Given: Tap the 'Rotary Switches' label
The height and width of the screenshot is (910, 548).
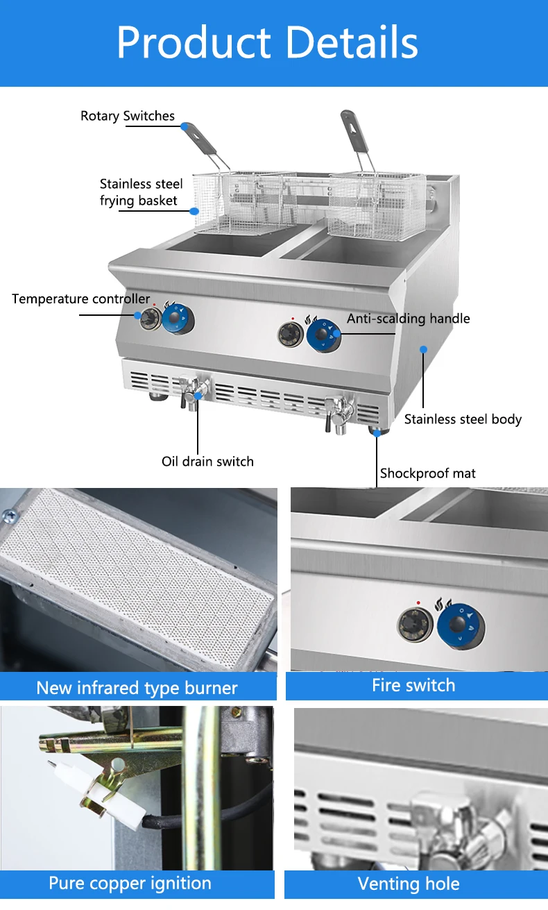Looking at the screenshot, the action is pyautogui.click(x=128, y=116).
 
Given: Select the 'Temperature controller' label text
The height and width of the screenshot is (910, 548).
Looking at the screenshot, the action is pyautogui.click(x=80, y=299).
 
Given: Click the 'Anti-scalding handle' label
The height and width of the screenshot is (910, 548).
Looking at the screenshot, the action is pyautogui.click(x=408, y=319).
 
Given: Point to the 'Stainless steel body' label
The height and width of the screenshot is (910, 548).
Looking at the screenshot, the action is pyautogui.click(x=463, y=419).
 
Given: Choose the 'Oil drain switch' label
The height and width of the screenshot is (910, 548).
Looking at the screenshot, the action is pyautogui.click(x=207, y=462).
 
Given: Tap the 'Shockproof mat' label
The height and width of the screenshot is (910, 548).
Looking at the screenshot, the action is pyautogui.click(x=428, y=473).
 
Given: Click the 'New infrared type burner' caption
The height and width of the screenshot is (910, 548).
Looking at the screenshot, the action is pyautogui.click(x=137, y=688).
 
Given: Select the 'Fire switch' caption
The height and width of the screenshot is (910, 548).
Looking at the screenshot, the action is pyautogui.click(x=413, y=685).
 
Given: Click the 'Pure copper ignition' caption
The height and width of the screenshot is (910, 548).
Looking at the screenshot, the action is pyautogui.click(x=130, y=884).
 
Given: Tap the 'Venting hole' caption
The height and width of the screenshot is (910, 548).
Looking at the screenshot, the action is pyautogui.click(x=408, y=884).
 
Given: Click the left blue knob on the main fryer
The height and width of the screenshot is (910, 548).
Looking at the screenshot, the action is pyautogui.click(x=179, y=319).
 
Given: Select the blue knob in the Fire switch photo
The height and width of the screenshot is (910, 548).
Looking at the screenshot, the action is pyautogui.click(x=459, y=625).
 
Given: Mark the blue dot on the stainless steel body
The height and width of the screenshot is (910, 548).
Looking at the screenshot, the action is pyautogui.click(x=423, y=349).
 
